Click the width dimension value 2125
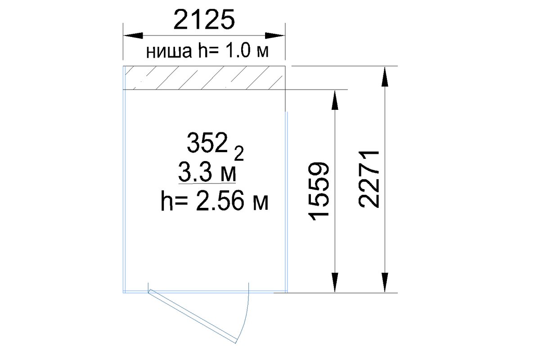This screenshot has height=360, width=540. click(x=204, y=19)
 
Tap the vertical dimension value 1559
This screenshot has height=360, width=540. click(x=319, y=192)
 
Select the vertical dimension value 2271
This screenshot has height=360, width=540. click(x=369, y=179)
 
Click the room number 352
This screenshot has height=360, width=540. click(x=207, y=143)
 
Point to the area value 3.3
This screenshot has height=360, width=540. click(x=195, y=172)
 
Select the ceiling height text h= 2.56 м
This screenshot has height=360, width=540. click(x=214, y=201)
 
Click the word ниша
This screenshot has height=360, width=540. click(x=169, y=52)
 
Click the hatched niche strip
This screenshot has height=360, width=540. click(x=204, y=78)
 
